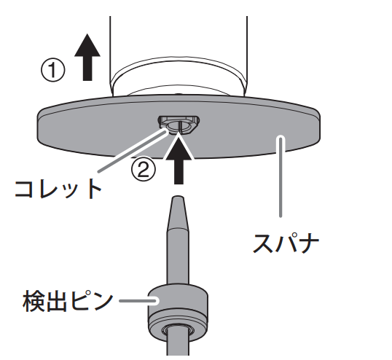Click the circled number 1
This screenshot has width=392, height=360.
[x=52, y=70]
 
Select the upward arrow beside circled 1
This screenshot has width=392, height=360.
[x=87, y=58]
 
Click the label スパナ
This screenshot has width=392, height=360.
[x=286, y=243]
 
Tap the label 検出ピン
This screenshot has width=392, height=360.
[x=68, y=301]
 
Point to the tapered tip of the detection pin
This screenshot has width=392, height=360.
[x=179, y=212]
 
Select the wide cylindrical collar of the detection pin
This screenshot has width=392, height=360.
[x=179, y=313]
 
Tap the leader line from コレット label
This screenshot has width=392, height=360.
[x=132, y=151]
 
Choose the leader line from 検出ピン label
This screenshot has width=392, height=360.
[x=138, y=301]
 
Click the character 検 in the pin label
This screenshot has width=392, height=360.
[x=34, y=301]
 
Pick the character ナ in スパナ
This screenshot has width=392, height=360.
[x=309, y=243]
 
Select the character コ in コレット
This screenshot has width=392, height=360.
[x=24, y=189]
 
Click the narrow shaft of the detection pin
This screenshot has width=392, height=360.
[x=179, y=257]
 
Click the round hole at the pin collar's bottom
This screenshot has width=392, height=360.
[x=179, y=331]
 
